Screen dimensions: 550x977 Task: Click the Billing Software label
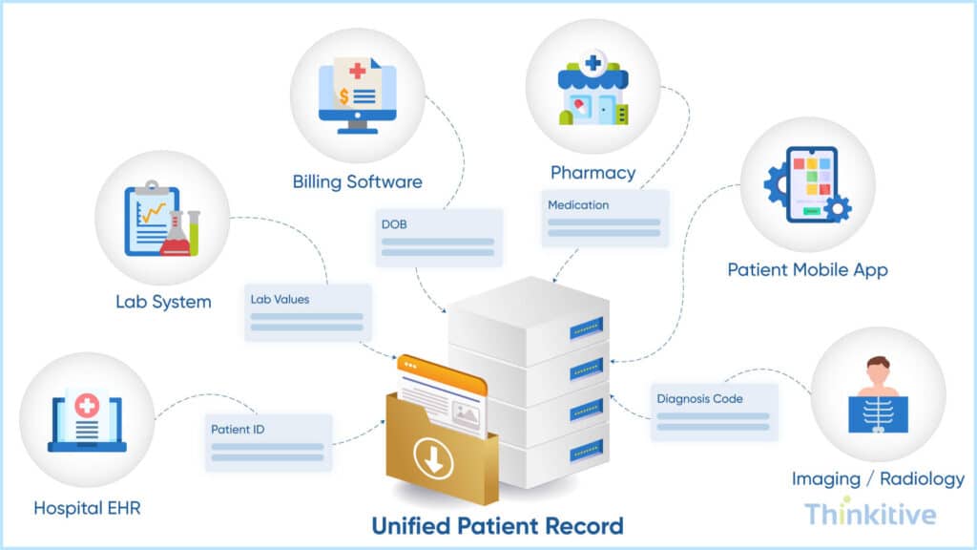click(x=357, y=181)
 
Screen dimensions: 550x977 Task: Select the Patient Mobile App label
click(x=807, y=270)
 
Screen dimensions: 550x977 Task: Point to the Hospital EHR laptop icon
click(x=87, y=420)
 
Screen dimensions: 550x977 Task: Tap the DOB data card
click(x=438, y=235)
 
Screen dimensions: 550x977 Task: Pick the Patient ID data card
click(x=268, y=442)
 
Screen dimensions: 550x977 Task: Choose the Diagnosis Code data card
click(x=714, y=412)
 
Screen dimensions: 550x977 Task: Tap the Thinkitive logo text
click(x=869, y=514)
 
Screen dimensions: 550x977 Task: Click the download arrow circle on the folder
click(x=434, y=461)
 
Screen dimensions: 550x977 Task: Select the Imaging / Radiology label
click(x=878, y=478)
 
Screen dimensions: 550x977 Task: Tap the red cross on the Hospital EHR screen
click(x=87, y=406)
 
